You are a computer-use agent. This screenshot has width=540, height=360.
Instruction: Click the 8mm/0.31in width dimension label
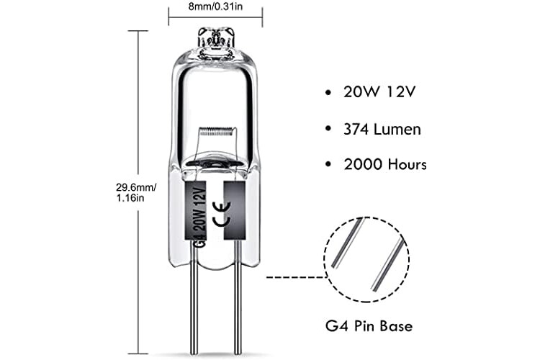(215, 6)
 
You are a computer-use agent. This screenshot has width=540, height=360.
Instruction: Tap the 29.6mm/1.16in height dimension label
(135, 193)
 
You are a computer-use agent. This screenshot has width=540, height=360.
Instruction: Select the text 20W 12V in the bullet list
(379, 92)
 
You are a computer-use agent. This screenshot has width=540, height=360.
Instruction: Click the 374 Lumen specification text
(382, 130)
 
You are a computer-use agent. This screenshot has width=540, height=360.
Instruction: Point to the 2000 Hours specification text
(385, 164)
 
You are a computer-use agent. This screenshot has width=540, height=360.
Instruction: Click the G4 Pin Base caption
(369, 326)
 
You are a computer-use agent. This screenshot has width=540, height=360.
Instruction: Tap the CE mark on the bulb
(222, 215)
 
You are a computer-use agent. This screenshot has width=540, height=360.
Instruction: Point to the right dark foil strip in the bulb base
(235, 210)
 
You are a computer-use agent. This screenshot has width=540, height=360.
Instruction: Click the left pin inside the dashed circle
(347, 243)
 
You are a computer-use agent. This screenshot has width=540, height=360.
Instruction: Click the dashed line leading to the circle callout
(297, 276)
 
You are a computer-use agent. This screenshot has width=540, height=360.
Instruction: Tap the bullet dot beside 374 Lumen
(328, 129)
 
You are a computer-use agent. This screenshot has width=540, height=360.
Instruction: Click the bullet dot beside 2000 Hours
(328, 164)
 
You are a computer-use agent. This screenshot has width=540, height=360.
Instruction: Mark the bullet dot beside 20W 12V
(328, 92)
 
